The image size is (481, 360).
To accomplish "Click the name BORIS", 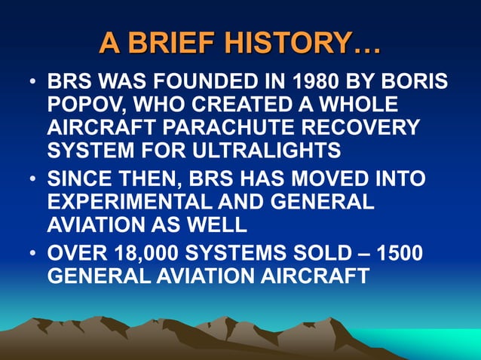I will point(414,81).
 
